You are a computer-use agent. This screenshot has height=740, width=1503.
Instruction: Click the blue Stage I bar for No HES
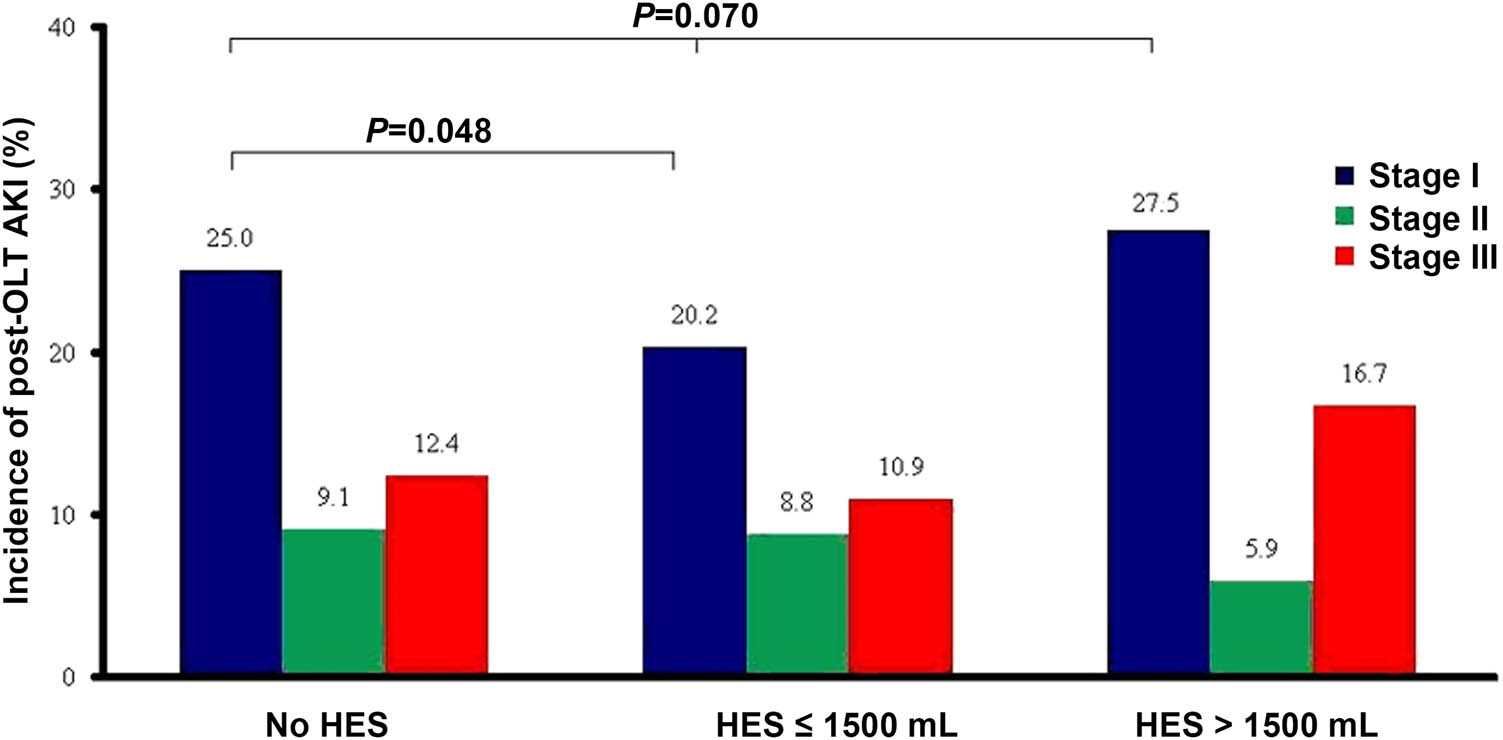point(230,474)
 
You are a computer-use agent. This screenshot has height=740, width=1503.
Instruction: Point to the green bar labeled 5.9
point(1261,629)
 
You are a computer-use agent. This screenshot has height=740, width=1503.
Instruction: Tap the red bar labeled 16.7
point(1364,541)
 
